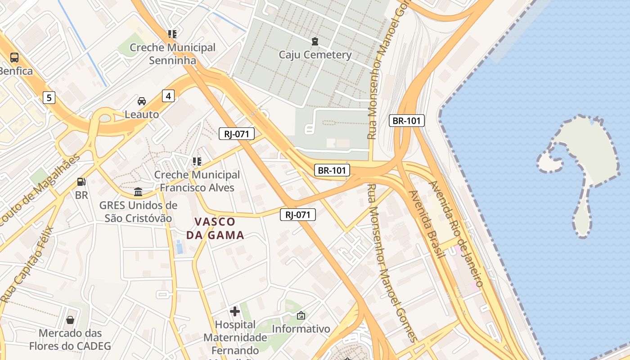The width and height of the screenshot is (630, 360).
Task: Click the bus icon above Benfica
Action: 14,58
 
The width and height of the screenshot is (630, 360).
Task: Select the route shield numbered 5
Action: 49,97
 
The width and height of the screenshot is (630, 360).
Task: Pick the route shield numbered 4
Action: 168,95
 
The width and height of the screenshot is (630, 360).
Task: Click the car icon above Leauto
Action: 142,101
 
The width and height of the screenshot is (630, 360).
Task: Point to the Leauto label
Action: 142,114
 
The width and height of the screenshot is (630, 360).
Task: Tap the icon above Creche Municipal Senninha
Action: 172,34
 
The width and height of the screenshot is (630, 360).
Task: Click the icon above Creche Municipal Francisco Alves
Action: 197,161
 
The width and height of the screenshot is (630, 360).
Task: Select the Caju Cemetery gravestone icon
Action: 315,41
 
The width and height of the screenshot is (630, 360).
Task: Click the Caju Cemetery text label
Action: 315,55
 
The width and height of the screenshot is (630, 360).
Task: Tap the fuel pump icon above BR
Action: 81,182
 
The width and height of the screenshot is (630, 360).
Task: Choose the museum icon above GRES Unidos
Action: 138,192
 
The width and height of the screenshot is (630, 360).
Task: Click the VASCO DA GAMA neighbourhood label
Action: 215,228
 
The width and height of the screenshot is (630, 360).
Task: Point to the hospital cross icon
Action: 235,311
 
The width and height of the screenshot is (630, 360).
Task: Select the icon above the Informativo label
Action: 301,316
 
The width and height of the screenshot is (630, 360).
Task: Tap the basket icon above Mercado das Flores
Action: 70,320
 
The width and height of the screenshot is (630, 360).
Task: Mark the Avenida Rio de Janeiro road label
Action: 456,234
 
